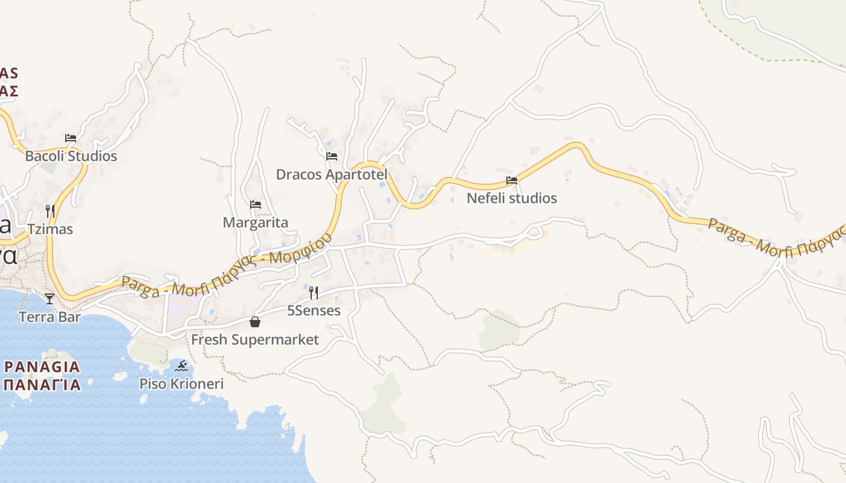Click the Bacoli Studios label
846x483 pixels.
pos(71,156)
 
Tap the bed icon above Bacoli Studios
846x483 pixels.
pos(71,138)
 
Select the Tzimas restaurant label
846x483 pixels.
pos(50,229)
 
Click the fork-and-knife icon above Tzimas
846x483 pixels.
pos(50,211)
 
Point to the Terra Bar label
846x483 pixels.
pos(50,317)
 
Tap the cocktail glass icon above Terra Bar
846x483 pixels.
pos(50,299)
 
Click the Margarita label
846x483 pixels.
pos(256,223)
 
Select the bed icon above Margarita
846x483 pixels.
pos(256,205)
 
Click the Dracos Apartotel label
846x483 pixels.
pos(332,174)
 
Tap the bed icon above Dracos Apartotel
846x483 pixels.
pos(332,156)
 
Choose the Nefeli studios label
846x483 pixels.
pos(512,198)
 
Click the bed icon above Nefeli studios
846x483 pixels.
pos(512,181)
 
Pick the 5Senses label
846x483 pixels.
pos(314,311)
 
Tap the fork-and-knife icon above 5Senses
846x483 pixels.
pos(314,293)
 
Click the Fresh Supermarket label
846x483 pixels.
pos(254,340)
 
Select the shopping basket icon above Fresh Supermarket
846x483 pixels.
pos(254,322)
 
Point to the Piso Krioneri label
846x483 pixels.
pos(181,384)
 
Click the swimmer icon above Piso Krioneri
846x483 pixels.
pos(181,366)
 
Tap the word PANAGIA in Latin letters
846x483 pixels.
pos(42,366)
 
